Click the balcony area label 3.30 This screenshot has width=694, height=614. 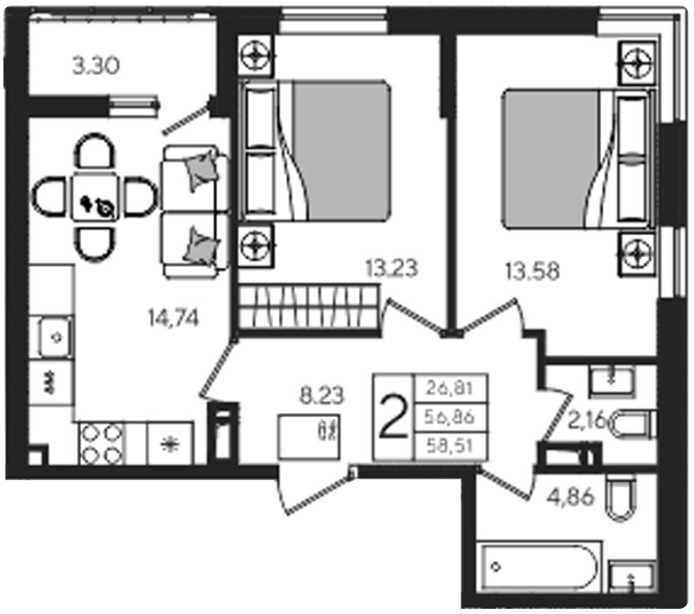pyautogui.click(x=95, y=66)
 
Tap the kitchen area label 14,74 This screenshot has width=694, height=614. pyautogui.click(x=173, y=317)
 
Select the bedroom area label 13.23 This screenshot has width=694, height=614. pyautogui.click(x=391, y=268)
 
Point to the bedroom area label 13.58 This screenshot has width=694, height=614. pyautogui.click(x=532, y=271)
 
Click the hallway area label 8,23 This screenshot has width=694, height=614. pyautogui.click(x=321, y=395)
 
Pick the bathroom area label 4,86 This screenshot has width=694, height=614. pyautogui.click(x=570, y=497)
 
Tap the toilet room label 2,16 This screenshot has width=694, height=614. pyautogui.click(x=587, y=419)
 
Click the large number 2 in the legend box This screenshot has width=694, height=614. pyautogui.click(x=394, y=417)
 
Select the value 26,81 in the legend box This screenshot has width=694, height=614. pyautogui.click(x=450, y=389)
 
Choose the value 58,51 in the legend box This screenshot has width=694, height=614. pyautogui.click(x=450, y=445)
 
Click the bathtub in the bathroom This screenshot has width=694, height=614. pyautogui.click(x=539, y=567)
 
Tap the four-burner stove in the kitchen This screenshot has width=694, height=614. pyautogui.click(x=102, y=443)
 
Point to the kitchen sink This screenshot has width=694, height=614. pyautogui.click(x=55, y=338)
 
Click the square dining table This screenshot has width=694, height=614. pyautogui.click(x=95, y=197)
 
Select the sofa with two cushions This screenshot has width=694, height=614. pyautogui.click(x=195, y=212)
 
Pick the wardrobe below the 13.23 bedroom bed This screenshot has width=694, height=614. pyautogui.click(x=309, y=307)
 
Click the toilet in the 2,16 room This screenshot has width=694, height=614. pyautogui.click(x=634, y=425)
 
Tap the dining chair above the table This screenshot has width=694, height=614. pyautogui.click(x=95, y=151)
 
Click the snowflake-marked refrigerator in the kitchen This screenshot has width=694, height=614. pyautogui.click(x=170, y=443)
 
